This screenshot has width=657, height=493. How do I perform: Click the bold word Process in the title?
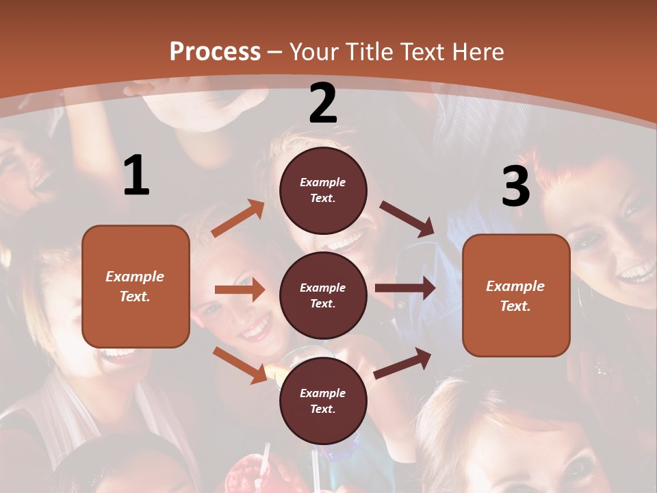215,52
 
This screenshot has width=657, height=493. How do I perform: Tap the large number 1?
136,176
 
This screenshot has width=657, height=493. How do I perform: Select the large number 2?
322,103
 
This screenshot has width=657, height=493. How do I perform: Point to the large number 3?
515,186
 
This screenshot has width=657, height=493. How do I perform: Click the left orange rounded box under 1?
136,286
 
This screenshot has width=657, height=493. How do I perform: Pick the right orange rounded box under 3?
516,296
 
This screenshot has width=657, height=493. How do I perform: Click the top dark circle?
323,190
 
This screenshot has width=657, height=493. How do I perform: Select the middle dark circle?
323,295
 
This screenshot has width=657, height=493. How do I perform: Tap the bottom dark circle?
323,401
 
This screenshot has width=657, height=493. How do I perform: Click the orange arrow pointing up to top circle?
238,218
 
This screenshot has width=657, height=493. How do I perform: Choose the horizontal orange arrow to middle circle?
240,290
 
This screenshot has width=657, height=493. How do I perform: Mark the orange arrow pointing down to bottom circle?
240,365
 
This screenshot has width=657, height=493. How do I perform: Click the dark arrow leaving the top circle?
407,218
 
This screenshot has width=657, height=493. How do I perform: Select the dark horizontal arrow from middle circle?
404,288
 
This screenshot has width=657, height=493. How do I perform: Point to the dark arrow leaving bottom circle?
402,363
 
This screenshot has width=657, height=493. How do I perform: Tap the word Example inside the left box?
135,277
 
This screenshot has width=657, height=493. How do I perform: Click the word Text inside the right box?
515,306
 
